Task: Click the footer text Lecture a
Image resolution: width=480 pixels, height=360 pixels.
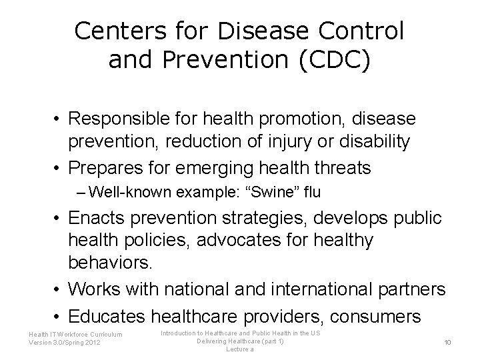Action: (240, 349)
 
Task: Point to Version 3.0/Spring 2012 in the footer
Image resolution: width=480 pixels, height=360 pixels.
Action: (65, 343)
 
